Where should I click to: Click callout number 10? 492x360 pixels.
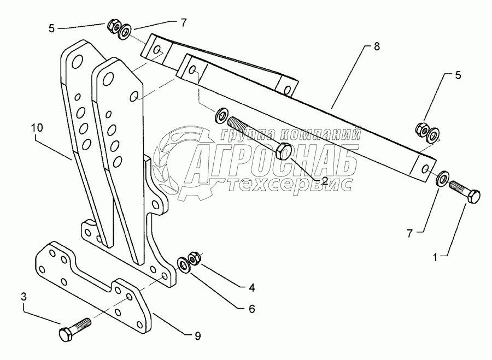tap(36, 128)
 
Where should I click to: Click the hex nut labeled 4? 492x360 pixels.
tap(193, 257)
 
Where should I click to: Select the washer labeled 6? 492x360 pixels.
tap(183, 265)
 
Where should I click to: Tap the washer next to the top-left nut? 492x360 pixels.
tap(125, 31)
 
